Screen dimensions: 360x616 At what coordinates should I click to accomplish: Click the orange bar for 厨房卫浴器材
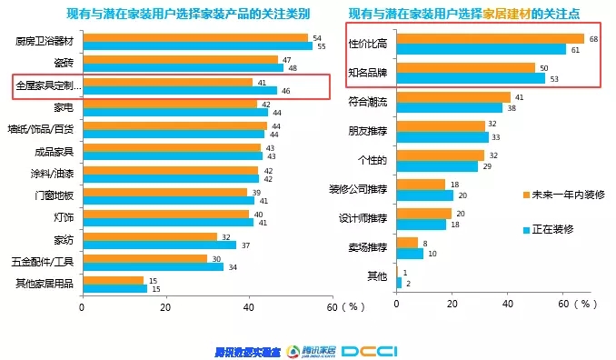194,37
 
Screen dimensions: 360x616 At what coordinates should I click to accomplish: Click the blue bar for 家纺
159,245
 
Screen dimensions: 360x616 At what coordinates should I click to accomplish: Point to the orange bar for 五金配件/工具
144,258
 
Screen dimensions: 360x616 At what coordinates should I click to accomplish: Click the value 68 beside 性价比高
593,38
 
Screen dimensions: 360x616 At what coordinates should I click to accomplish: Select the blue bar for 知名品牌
472,78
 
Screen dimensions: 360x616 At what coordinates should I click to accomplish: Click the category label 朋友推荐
367,132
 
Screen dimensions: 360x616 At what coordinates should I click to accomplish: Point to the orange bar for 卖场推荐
407,243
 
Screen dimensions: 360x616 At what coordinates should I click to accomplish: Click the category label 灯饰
63,217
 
